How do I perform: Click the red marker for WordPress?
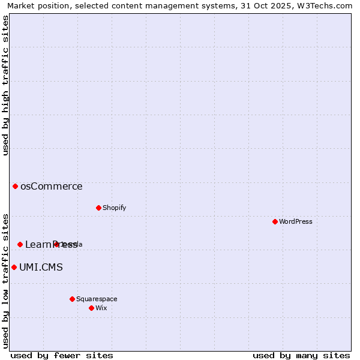[275, 221]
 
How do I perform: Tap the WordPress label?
[296, 221]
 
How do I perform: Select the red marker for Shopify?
[98, 208]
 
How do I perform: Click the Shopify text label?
[114, 208]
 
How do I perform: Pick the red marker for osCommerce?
[15, 186]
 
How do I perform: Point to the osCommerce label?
[52, 187]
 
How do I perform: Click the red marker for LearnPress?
[20, 244]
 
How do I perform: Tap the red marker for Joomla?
[56, 244]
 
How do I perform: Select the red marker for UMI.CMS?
[14, 267]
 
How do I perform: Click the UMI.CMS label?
[41, 268]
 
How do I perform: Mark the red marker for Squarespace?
[72, 299]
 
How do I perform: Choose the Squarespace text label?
[97, 299]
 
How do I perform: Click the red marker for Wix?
[91, 308]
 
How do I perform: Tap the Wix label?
[101, 308]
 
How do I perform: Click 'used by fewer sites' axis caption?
[62, 355]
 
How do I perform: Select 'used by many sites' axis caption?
[301, 355]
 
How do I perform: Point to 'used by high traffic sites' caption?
[5, 85]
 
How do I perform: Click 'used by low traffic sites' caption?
[5, 280]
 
